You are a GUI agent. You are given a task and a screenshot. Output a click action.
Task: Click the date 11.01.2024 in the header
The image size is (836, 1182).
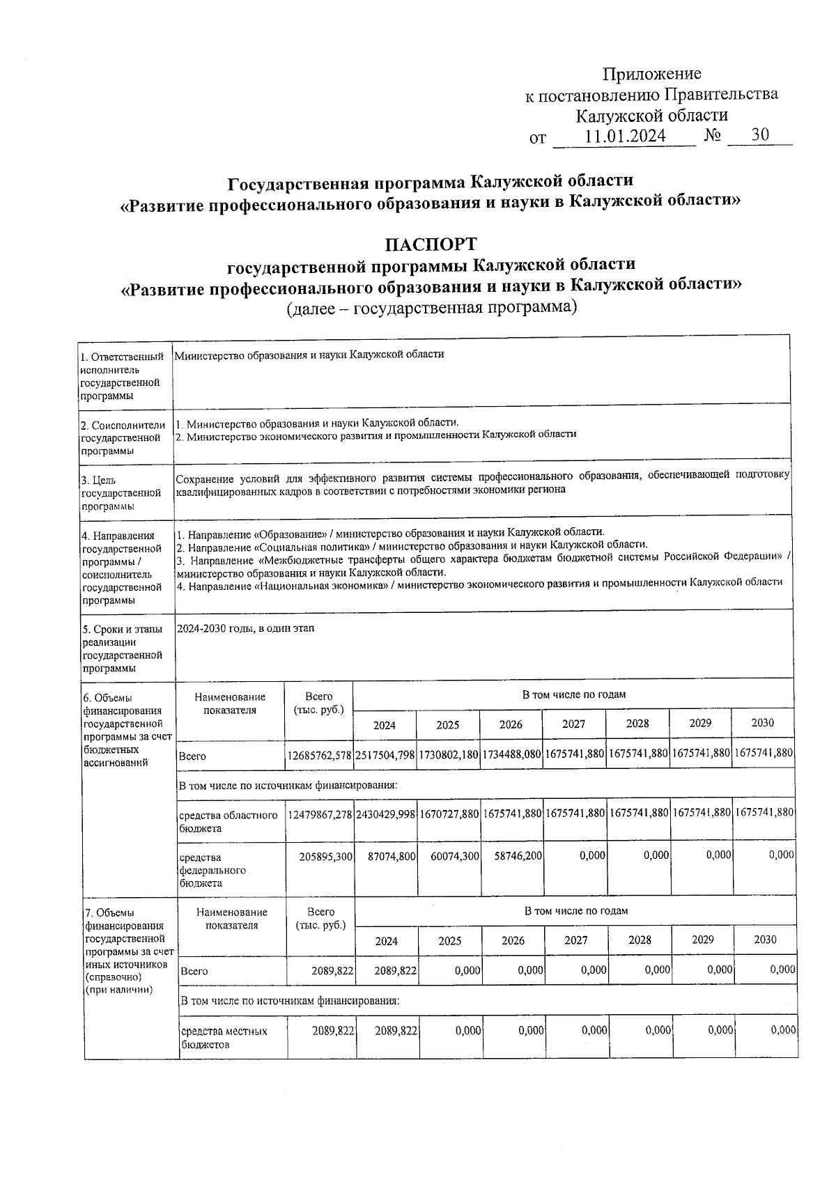click(x=625, y=137)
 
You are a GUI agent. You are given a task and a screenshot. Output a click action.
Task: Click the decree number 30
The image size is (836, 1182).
click(x=760, y=135)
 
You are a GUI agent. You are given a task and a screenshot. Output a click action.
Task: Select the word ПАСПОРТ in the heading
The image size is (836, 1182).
click(x=432, y=244)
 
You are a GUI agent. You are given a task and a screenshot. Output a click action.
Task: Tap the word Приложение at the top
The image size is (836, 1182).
click(x=651, y=74)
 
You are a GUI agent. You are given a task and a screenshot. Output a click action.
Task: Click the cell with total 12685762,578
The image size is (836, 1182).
click(x=320, y=755)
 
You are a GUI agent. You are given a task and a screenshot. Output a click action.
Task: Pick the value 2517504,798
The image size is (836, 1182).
click(x=385, y=755)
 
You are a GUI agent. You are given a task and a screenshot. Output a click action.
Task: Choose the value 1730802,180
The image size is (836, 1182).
click(x=449, y=755)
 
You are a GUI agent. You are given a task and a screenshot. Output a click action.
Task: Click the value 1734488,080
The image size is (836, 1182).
click(x=511, y=755)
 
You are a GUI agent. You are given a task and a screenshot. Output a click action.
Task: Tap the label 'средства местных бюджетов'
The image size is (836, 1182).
click(x=224, y=1037)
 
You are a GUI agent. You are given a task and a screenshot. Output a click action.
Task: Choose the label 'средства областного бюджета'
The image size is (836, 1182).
click(x=228, y=821)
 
